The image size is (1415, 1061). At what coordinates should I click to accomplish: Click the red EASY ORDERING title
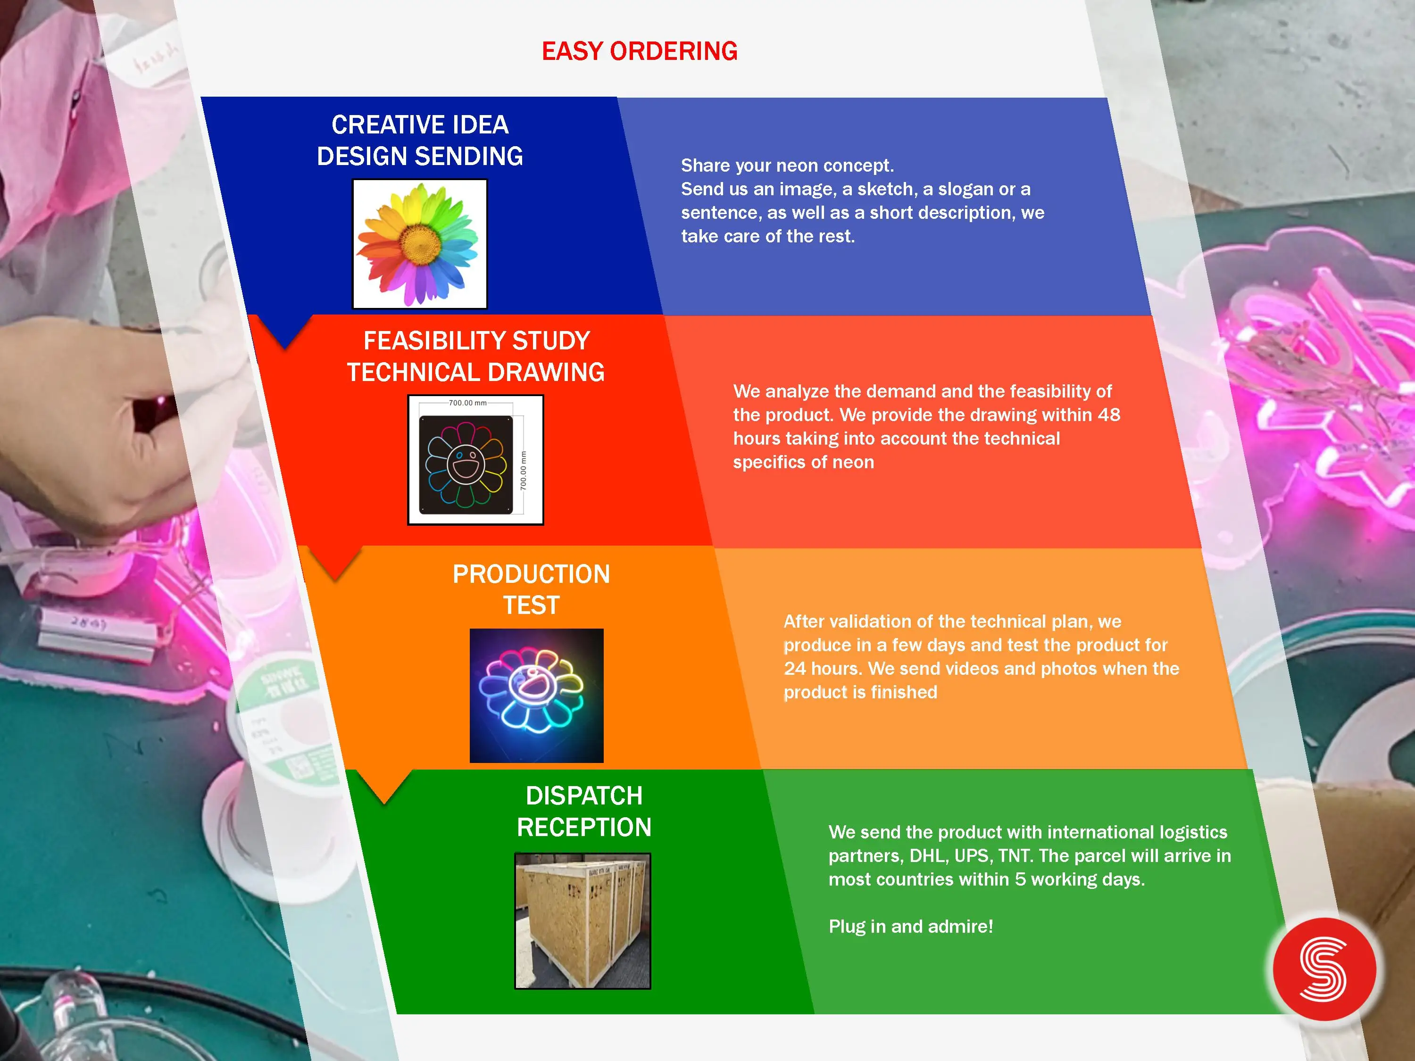[640, 51]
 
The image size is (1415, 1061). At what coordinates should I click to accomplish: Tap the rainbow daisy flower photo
[420, 244]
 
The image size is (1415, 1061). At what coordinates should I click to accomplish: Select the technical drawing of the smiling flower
[475, 460]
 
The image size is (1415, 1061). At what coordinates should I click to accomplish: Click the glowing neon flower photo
[537, 695]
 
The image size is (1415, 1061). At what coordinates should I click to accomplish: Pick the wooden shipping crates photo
[583, 921]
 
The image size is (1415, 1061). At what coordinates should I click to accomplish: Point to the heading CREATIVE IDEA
[420, 124]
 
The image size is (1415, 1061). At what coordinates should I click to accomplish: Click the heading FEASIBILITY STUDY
[476, 341]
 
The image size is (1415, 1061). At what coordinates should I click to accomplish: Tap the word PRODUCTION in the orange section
[532, 574]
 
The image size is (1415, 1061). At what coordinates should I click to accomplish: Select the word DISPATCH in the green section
[584, 796]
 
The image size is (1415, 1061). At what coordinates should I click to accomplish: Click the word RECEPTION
[584, 828]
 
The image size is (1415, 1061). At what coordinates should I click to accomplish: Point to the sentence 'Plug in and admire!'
[911, 927]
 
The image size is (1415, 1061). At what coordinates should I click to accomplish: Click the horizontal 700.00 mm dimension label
[467, 403]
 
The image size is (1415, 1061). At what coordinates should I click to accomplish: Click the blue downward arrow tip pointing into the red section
[285, 348]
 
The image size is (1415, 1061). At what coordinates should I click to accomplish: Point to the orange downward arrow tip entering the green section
[384, 803]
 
